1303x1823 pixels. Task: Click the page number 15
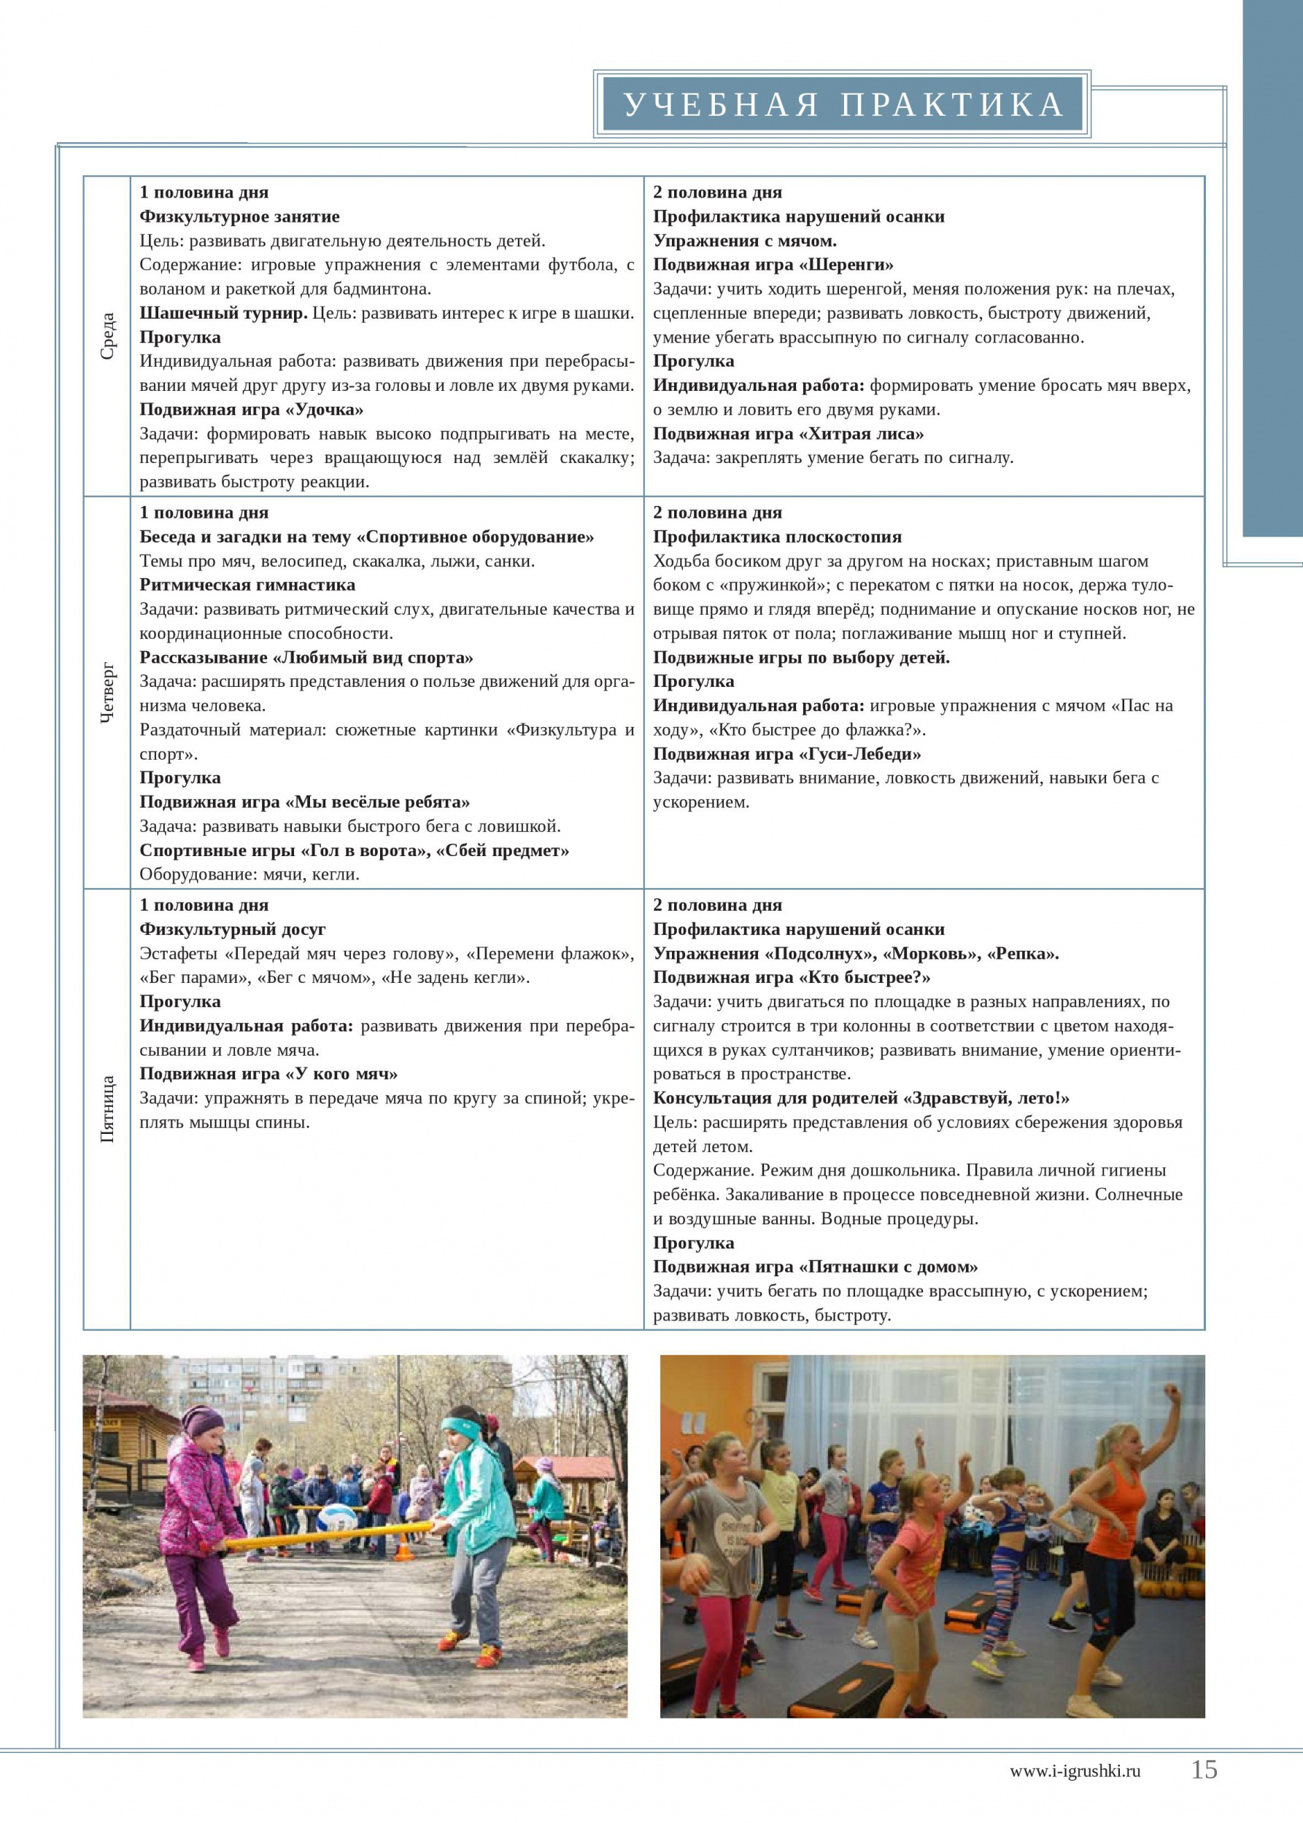click(x=1204, y=1769)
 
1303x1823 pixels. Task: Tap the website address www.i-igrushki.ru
click(x=1075, y=1771)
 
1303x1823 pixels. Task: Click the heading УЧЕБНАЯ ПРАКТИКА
click(x=843, y=106)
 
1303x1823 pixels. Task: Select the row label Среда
click(x=107, y=336)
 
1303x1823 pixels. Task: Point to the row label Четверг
click(x=107, y=693)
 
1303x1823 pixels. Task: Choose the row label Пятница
click(x=107, y=1109)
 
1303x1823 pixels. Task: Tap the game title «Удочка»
click(x=330, y=410)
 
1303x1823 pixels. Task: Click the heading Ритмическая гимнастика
click(x=247, y=585)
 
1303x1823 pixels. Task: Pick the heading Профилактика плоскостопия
click(x=777, y=537)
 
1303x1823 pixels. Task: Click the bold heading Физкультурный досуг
click(x=233, y=929)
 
